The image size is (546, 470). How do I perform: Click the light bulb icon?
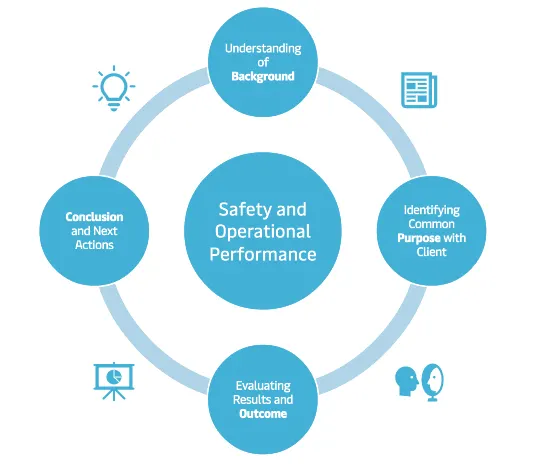tap(114, 88)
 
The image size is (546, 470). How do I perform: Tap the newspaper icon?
tap(419, 90)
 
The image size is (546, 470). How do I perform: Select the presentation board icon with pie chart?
tap(114, 381)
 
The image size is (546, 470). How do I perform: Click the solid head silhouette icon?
tap(406, 381)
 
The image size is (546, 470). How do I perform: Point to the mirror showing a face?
tap(432, 382)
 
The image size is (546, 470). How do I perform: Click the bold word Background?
tap(263, 76)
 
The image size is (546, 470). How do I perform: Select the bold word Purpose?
tap(419, 238)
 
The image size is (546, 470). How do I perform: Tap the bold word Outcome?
tap(263, 414)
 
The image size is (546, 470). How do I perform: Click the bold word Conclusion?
tap(94, 217)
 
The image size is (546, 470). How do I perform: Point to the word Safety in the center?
tap(241, 210)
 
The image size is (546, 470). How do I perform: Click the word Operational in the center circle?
tap(263, 232)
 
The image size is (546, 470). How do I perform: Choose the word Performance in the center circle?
tap(263, 254)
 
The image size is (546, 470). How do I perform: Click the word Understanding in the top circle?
tap(263, 48)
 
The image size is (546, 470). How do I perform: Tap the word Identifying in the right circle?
tap(432, 210)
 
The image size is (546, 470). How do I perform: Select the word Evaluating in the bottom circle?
tap(263, 386)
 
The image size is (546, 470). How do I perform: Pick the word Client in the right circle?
tap(431, 252)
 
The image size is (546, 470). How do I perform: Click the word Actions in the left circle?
tap(94, 245)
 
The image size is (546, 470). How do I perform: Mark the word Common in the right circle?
tap(431, 224)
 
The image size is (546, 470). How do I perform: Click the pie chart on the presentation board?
tap(114, 377)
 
